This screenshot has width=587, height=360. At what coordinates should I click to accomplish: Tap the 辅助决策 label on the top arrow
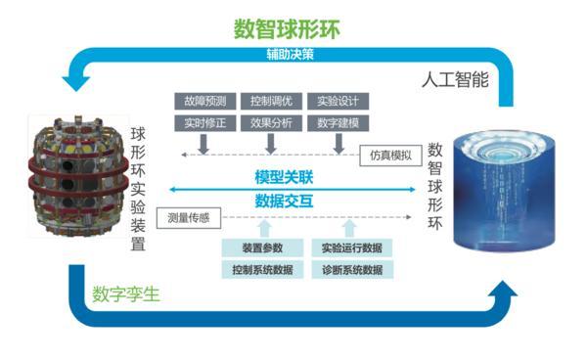click(x=290, y=55)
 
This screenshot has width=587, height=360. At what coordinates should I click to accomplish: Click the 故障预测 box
click(x=203, y=101)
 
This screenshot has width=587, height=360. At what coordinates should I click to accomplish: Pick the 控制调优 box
click(x=270, y=101)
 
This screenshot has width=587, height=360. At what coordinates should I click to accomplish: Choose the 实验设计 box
click(x=338, y=101)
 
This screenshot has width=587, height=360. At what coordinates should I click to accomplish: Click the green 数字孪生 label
click(x=126, y=292)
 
